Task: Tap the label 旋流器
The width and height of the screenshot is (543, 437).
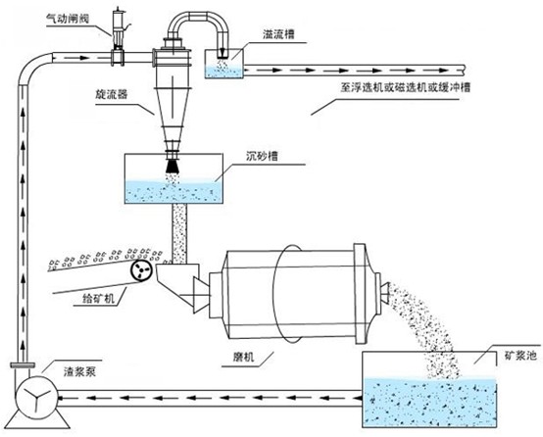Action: pos(112,94)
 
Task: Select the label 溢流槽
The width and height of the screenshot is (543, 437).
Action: pos(278,34)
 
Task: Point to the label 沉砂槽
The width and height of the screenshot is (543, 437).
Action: pos(262,156)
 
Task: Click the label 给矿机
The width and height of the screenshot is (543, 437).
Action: pos(99,298)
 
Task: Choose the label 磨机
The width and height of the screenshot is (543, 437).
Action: pos(243,357)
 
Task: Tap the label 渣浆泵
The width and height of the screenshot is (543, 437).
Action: pos(79,371)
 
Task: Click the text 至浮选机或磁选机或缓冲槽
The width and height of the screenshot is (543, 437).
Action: pos(406,87)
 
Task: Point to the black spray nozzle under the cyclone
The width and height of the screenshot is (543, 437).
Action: pos(173,166)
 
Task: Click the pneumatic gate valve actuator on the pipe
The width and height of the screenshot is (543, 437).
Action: pos(118,38)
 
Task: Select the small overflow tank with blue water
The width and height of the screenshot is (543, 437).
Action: pos(223,64)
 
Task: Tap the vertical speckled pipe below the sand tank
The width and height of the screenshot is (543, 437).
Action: pos(179,234)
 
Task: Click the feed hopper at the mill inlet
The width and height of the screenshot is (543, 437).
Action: pos(177,280)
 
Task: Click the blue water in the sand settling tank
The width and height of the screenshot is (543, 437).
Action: pos(173,192)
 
